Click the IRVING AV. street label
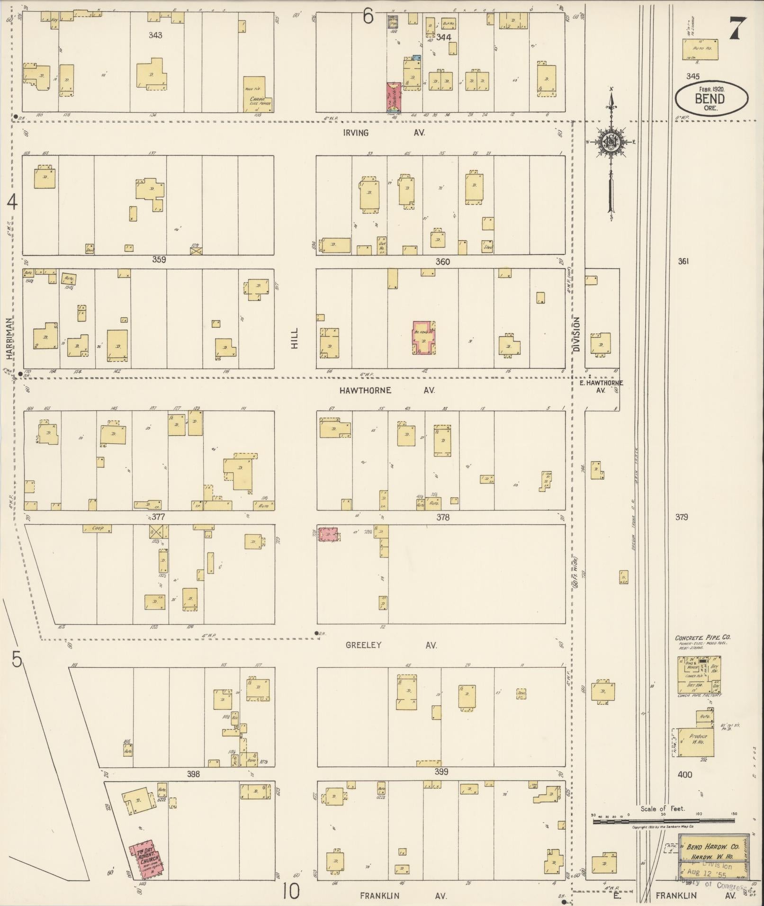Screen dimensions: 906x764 click(384, 133)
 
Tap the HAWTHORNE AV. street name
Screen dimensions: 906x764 click(386, 390)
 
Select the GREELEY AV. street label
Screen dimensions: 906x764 click(391, 645)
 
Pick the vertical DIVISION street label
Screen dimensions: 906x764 click(576, 334)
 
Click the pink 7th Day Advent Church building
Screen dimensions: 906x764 click(147, 858)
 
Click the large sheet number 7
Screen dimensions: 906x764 click(737, 28)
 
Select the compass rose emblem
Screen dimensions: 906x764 click(611, 142)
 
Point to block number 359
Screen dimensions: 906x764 click(159, 260)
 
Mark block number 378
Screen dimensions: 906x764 click(442, 517)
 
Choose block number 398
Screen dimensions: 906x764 click(193, 774)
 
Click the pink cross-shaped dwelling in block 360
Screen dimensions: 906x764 click(423, 338)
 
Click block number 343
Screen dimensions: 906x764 click(155, 35)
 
